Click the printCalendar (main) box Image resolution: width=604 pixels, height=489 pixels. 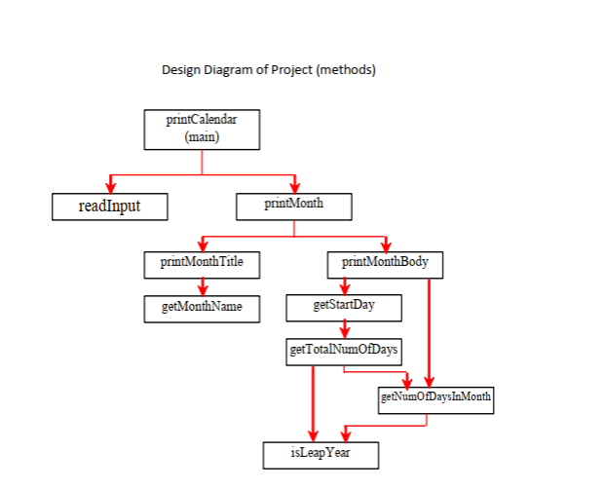coord(202,129)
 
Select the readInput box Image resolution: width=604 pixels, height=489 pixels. coord(109,207)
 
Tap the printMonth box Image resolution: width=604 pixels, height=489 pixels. coord(293,207)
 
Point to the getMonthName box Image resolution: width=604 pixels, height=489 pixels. coord(202,308)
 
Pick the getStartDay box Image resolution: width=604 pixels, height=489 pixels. coord(343,307)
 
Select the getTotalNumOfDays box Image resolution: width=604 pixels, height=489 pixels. coord(345,351)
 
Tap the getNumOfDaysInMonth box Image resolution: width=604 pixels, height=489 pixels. coord(435,398)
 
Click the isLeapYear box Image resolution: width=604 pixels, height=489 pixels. coord(321,454)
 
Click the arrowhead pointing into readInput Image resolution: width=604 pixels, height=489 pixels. coord(110,187)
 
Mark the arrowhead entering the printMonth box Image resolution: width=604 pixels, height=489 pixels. coord(294,187)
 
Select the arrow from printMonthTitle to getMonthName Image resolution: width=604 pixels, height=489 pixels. coord(202,285)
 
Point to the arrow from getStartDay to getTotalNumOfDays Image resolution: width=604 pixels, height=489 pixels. coord(344,329)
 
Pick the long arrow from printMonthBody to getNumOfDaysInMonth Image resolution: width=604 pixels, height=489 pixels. coord(429,331)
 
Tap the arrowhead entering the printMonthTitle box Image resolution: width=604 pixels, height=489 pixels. coord(202,244)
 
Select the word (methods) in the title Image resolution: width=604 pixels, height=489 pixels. coord(346,70)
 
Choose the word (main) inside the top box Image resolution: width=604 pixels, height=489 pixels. coord(202,137)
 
